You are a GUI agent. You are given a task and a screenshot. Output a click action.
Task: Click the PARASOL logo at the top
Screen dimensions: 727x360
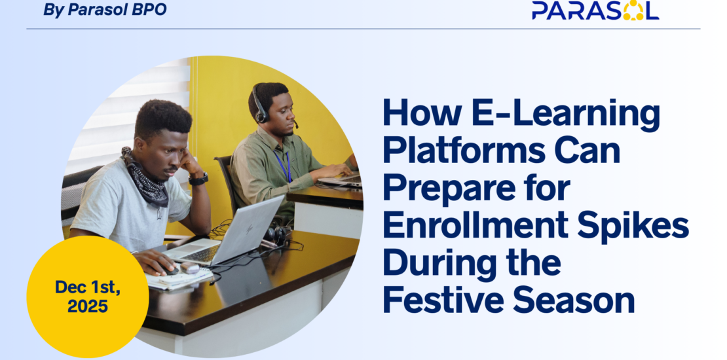595,10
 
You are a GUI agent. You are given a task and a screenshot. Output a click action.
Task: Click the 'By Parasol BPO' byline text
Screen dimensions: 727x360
105,10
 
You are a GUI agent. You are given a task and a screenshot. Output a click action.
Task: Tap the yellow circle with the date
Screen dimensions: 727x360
88,297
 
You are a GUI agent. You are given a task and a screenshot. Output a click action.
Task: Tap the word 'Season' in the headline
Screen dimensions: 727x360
574,300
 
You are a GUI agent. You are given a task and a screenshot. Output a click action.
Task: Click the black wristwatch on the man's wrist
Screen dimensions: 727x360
198,179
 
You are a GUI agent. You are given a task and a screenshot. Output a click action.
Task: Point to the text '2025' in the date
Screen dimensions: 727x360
88,306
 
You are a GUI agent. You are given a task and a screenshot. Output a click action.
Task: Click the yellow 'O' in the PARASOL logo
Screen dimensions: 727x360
633,10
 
